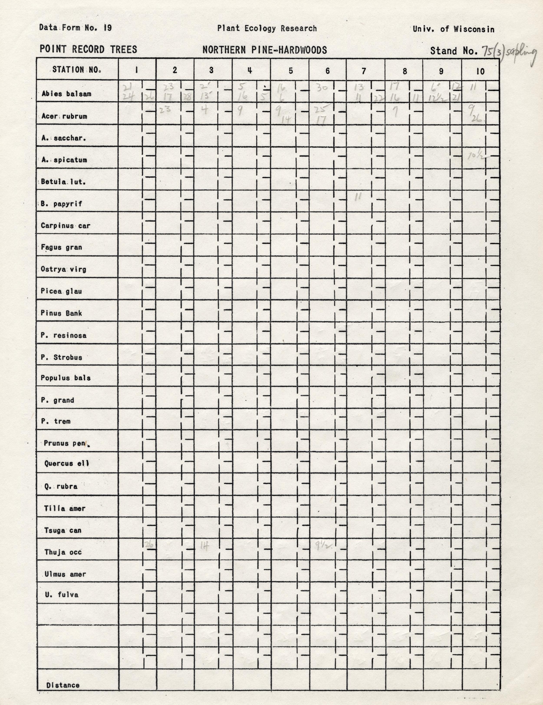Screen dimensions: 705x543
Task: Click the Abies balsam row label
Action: pyautogui.click(x=66, y=94)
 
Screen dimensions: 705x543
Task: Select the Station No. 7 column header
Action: pyautogui.click(x=364, y=71)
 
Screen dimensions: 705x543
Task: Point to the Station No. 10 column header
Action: pyautogui.click(x=480, y=71)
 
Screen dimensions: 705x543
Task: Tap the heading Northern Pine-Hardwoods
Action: pyautogui.click(x=265, y=50)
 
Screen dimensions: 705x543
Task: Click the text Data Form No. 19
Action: pyautogui.click(x=75, y=28)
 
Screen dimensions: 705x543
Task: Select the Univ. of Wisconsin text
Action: pyautogui.click(x=453, y=29)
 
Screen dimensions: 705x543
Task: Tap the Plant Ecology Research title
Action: pyautogui.click(x=267, y=28)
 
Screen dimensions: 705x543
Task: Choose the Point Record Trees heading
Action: pyautogui.click(x=88, y=49)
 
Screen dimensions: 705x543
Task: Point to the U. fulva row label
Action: pyautogui.click(x=62, y=595)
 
